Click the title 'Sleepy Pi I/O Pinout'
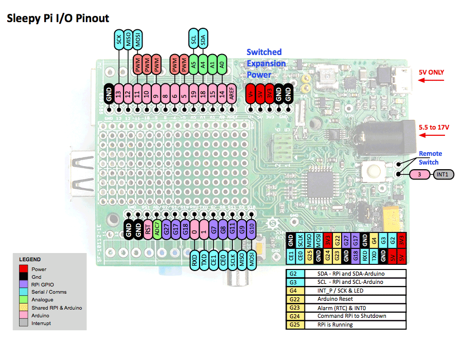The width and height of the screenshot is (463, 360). click(58, 19)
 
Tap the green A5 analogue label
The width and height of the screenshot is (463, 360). click(193, 65)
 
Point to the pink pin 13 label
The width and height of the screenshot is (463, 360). click(119, 95)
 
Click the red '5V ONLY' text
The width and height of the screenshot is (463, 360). click(431, 73)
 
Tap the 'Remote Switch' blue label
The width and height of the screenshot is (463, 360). click(430, 157)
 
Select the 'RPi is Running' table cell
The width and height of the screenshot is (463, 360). click(335, 325)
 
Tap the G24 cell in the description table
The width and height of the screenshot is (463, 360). click(294, 316)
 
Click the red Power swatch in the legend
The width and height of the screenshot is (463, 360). click(23, 269)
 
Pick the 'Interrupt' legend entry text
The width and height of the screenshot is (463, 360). click(42, 323)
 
